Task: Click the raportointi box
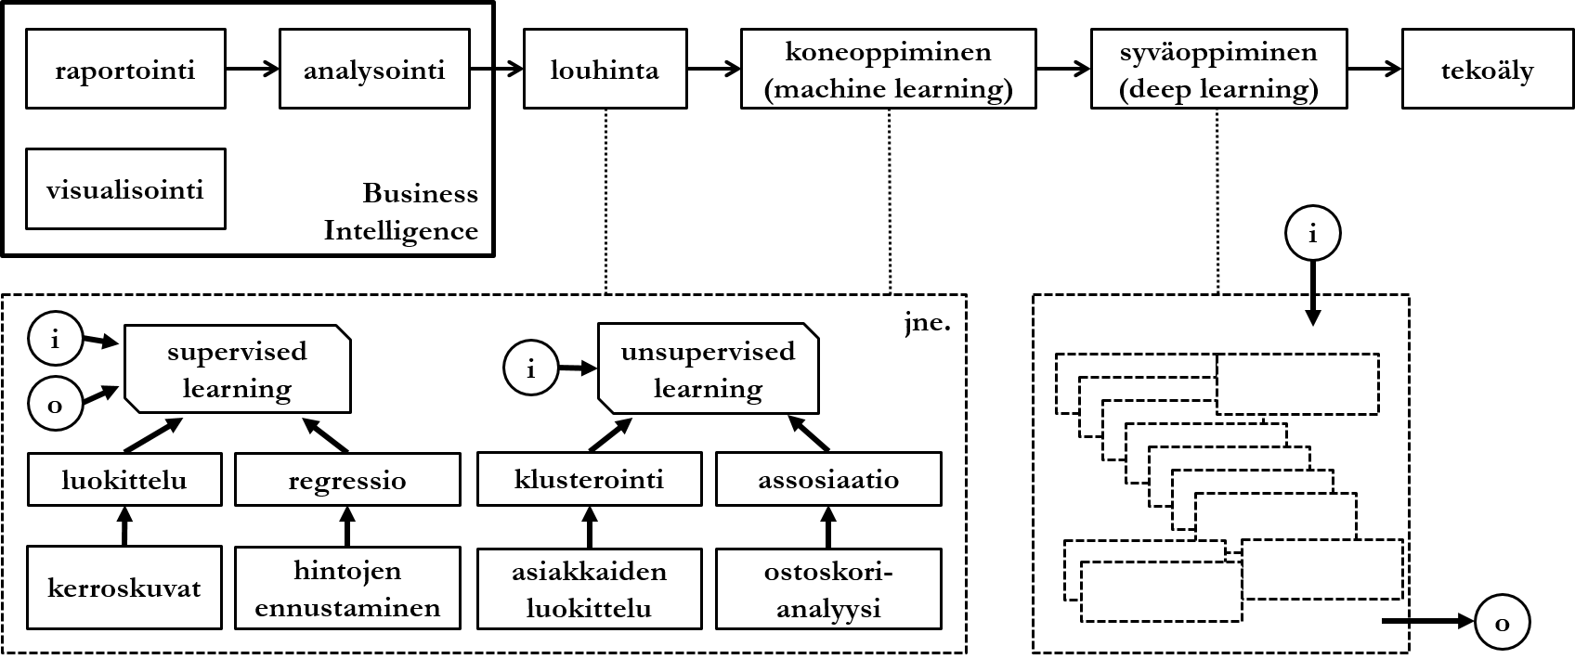coord(125,70)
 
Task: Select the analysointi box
coord(374,70)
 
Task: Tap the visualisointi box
coord(125,189)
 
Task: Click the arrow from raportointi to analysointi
coord(252,69)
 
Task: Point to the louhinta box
coord(605,70)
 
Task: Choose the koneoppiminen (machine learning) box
coord(888,70)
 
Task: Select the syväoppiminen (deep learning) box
coord(1218,70)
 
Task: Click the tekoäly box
coord(1487,70)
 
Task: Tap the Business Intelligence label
coord(401,212)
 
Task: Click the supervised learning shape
coord(237,369)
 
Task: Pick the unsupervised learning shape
coord(708,369)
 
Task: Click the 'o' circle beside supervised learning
coord(55,405)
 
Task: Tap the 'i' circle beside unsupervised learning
coord(530,369)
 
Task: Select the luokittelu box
coord(124,480)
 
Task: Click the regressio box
coord(347,480)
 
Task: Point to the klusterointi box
coord(589,480)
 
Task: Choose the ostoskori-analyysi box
coord(827,589)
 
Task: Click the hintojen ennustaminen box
coord(347,589)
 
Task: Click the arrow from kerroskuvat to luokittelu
coord(124,526)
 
